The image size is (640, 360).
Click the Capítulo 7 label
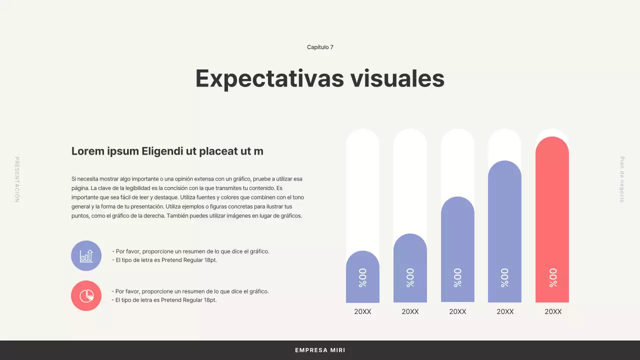pos(320,47)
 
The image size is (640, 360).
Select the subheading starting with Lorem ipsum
pos(167,151)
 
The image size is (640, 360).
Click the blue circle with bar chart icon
pos(86,256)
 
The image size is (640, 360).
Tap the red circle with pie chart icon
pos(86,296)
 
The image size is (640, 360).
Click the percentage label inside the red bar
pos(552,277)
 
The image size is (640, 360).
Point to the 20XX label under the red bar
pos(553,311)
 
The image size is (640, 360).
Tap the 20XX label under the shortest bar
pos(362,311)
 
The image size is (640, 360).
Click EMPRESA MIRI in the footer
pos(320,350)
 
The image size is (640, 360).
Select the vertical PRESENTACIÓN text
pos(17,179)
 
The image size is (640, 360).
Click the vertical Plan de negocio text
pos(622,179)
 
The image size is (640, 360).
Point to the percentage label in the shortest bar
pos(362,277)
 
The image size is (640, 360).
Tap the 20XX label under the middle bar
pos(457,311)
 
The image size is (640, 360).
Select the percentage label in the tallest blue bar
pos(504,277)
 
